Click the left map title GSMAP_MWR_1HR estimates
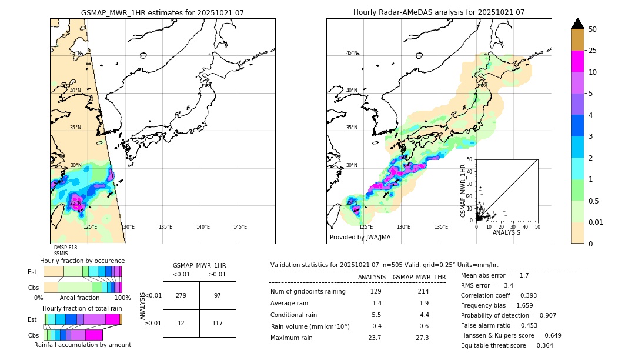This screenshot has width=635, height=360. (162, 12)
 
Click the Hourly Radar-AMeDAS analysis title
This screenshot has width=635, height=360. (439, 12)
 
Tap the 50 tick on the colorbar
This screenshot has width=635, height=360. (593, 29)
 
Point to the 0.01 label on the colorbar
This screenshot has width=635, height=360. (596, 222)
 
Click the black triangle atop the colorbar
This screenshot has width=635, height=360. (578, 24)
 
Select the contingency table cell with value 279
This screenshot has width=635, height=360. (181, 295)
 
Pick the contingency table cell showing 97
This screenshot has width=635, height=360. (218, 295)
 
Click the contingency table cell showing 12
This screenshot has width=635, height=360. (181, 323)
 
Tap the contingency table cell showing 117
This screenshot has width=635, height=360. (218, 323)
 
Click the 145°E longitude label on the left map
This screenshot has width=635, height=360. (240, 227)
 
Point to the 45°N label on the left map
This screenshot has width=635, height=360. (76, 53)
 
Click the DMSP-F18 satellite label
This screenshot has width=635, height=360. (65, 248)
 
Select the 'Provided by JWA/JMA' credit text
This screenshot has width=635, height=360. (360, 238)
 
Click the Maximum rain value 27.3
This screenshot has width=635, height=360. (422, 338)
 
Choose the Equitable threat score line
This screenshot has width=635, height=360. (507, 345)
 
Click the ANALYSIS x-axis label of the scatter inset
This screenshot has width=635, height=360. (506, 232)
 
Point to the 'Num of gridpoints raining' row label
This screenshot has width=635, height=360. (308, 291)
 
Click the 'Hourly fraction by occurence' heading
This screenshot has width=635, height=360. (82, 261)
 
